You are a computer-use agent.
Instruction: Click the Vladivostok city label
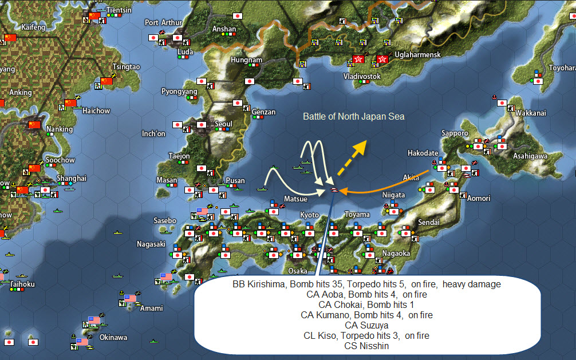[x=361, y=76]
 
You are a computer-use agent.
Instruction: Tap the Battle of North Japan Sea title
[x=354, y=117]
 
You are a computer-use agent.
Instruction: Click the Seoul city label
[x=223, y=124]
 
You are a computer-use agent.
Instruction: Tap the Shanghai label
[x=72, y=179]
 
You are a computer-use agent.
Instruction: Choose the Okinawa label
[x=113, y=338]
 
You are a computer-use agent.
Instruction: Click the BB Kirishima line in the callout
[x=366, y=284]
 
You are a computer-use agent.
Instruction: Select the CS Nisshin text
[x=366, y=346]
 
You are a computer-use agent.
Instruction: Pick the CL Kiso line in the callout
[x=366, y=336]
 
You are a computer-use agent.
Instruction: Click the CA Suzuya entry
[x=366, y=326]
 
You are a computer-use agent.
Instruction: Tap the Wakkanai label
[x=531, y=113]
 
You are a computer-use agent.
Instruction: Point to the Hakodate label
[x=423, y=153]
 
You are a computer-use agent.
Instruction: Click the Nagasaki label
[x=151, y=244]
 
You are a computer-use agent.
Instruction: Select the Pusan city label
[x=235, y=181]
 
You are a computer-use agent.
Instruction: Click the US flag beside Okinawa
[x=82, y=342]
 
